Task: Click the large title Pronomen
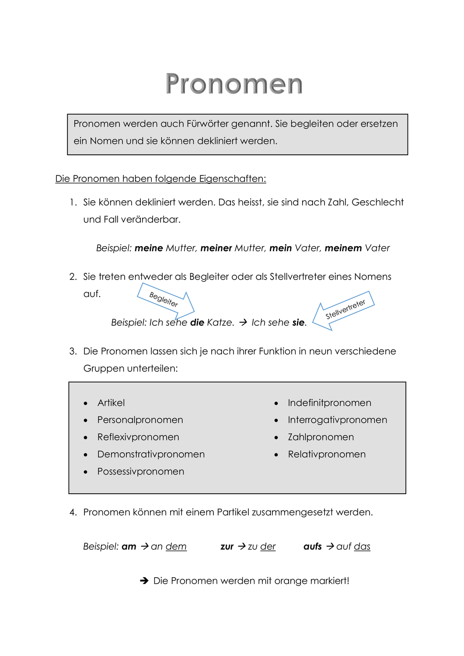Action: [234, 84]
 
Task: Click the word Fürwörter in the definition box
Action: [207, 124]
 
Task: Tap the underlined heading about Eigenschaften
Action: [160, 178]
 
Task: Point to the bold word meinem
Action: [343, 248]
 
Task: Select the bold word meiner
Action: [216, 248]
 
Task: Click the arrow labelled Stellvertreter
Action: [344, 310]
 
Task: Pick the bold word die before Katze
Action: [197, 322]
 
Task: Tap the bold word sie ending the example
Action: [298, 322]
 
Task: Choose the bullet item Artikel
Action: [111, 403]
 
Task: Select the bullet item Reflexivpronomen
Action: [138, 437]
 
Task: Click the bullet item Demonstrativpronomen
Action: [151, 454]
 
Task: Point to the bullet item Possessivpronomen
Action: [141, 471]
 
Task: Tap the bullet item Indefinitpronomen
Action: [329, 403]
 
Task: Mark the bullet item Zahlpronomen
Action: [321, 437]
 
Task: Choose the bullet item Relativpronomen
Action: [327, 454]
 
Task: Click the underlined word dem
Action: [176, 546]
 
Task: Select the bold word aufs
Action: [313, 546]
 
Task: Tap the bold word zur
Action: [227, 546]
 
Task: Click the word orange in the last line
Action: [291, 581]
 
